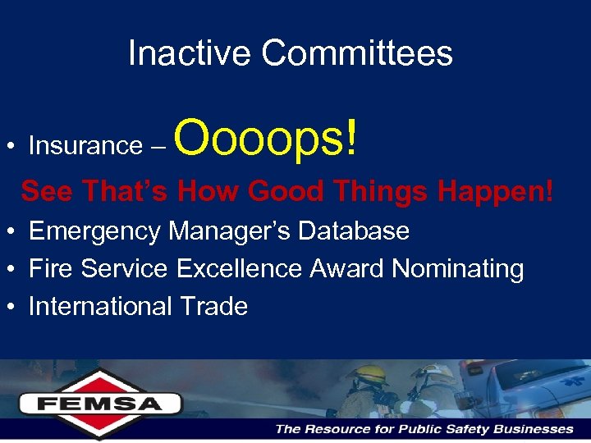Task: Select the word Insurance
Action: click(x=85, y=146)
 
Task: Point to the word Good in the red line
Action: click(x=289, y=191)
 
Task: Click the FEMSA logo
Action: click(x=99, y=403)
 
